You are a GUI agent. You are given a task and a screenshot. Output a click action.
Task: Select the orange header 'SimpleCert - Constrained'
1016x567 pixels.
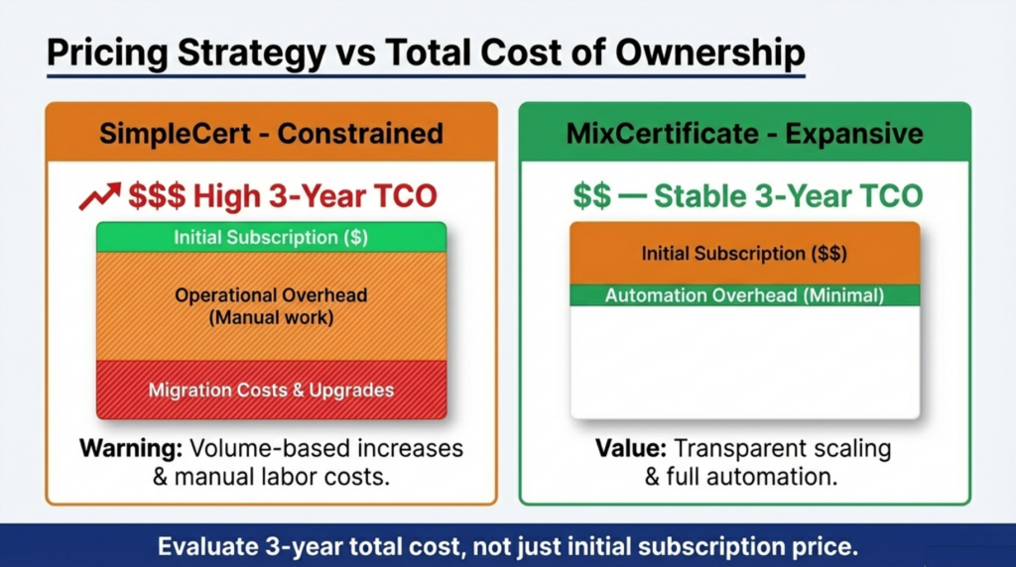click(271, 133)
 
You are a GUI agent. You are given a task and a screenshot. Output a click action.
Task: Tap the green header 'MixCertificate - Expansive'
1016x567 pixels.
click(744, 133)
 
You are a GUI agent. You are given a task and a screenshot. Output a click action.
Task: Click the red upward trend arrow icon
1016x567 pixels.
click(99, 195)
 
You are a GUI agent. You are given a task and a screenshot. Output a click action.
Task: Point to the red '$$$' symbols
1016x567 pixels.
click(157, 196)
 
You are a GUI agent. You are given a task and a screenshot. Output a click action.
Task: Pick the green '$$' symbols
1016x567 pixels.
click(591, 196)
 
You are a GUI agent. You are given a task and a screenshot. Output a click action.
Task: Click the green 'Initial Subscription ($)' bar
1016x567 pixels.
click(271, 237)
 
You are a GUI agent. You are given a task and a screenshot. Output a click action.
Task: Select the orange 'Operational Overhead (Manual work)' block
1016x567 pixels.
click(271, 306)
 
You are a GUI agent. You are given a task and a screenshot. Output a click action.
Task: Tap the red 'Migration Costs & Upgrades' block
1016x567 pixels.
click(271, 390)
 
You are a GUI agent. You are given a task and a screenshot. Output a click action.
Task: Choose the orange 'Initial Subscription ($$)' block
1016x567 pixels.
click(744, 254)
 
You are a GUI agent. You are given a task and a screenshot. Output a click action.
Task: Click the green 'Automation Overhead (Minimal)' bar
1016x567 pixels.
click(744, 295)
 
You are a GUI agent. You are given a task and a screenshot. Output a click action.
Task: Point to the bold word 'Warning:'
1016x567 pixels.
click(130, 448)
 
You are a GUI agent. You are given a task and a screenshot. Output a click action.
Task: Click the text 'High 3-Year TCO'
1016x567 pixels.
click(315, 196)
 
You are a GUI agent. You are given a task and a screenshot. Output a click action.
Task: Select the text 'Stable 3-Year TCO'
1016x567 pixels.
click(788, 196)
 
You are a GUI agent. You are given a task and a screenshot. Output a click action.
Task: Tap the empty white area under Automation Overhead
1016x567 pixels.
click(744, 362)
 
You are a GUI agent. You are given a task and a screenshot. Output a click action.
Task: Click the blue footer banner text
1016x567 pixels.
click(508, 546)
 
